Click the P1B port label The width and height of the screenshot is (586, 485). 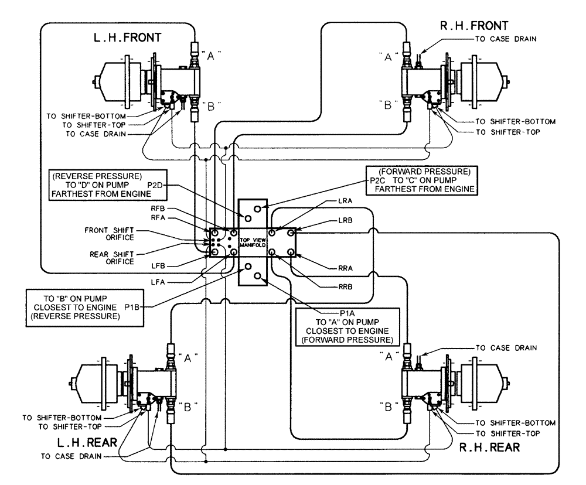[x=132, y=306]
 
